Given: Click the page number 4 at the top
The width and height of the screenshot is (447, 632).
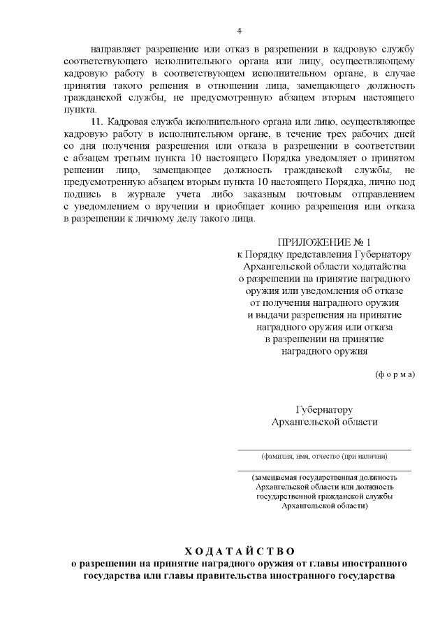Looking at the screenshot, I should pyautogui.click(x=239, y=31).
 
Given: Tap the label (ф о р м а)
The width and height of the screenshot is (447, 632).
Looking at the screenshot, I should pyautogui.click(x=396, y=374).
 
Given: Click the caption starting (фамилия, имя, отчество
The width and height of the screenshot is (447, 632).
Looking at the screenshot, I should pyautogui.click(x=324, y=456).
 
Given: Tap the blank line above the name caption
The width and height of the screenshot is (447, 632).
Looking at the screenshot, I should pyautogui.click(x=324, y=449).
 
